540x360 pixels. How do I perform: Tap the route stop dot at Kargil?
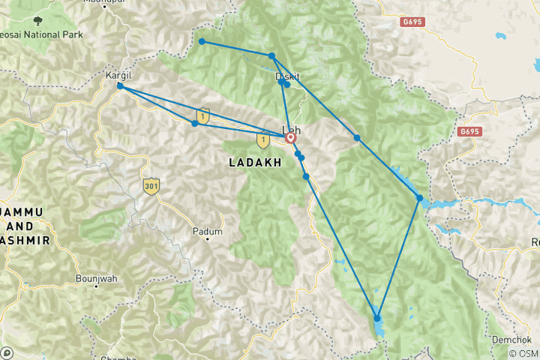pos(120,86)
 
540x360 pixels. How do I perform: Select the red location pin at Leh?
pos(290,138)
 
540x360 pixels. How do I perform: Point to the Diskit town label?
pos(288,76)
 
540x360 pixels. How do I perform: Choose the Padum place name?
pos(208,232)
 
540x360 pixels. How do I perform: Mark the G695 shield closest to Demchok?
pos(469,132)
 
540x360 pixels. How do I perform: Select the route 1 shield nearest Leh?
pos(263,139)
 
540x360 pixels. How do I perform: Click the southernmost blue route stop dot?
pos(377,319)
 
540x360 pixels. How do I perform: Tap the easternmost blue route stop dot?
pos(420,198)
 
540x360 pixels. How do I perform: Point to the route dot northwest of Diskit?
pos(202,41)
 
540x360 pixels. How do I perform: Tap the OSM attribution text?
pos(523,353)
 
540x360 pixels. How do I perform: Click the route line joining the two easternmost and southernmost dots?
pos(399,258)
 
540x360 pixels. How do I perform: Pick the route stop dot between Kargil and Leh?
pos(195,123)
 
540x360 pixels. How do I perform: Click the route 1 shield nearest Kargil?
pos(202,115)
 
